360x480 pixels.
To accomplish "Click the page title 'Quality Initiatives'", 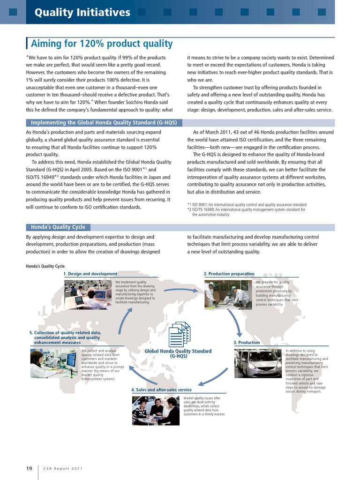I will point(82,12).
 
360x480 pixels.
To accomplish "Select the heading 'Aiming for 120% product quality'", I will point(102,44).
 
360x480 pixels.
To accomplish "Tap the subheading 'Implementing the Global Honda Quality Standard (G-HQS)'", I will point(104,123).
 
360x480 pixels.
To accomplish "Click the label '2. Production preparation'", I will point(229,274).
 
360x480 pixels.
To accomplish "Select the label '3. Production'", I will point(247,343).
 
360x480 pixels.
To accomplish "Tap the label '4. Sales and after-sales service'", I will point(161,390).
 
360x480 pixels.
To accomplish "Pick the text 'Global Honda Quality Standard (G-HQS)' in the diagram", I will point(178,353).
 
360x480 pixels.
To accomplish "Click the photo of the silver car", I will point(258,364).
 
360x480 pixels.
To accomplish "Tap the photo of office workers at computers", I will point(88,294).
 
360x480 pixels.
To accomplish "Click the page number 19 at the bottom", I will point(29,468).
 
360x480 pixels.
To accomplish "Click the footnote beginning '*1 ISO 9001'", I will point(247,205).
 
